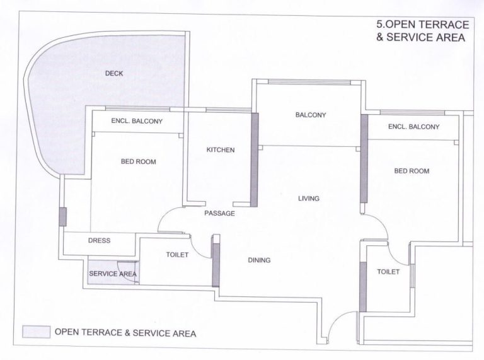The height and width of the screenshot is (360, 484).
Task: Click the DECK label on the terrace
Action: point(114,74)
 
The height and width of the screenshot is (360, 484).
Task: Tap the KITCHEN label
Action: point(221,150)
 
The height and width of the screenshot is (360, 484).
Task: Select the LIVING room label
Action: point(309,199)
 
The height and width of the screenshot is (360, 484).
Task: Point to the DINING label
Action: point(259,260)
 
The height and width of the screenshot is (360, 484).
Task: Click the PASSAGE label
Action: point(219,214)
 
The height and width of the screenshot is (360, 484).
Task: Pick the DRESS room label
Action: point(100,241)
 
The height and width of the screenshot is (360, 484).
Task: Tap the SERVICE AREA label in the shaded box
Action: point(113,274)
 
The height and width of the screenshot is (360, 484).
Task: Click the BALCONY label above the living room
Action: point(310,115)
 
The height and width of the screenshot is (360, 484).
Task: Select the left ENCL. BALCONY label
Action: point(137,121)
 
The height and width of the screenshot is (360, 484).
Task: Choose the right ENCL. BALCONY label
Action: point(413,127)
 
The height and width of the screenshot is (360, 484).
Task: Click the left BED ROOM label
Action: point(138,161)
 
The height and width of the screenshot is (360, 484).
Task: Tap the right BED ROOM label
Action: point(412,171)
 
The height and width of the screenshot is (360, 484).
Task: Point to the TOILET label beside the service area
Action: point(176,255)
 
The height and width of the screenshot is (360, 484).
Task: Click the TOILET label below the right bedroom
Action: point(388,272)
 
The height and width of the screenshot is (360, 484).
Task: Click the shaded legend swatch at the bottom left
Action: point(36,332)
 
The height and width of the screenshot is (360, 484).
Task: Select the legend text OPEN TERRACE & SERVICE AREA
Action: point(125,332)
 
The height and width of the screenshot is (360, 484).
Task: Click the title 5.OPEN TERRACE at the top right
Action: point(422,25)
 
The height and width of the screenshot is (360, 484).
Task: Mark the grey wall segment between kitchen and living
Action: point(255,159)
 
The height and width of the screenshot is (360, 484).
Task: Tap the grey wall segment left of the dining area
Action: point(215,262)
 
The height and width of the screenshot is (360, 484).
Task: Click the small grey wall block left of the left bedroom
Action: point(62,216)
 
